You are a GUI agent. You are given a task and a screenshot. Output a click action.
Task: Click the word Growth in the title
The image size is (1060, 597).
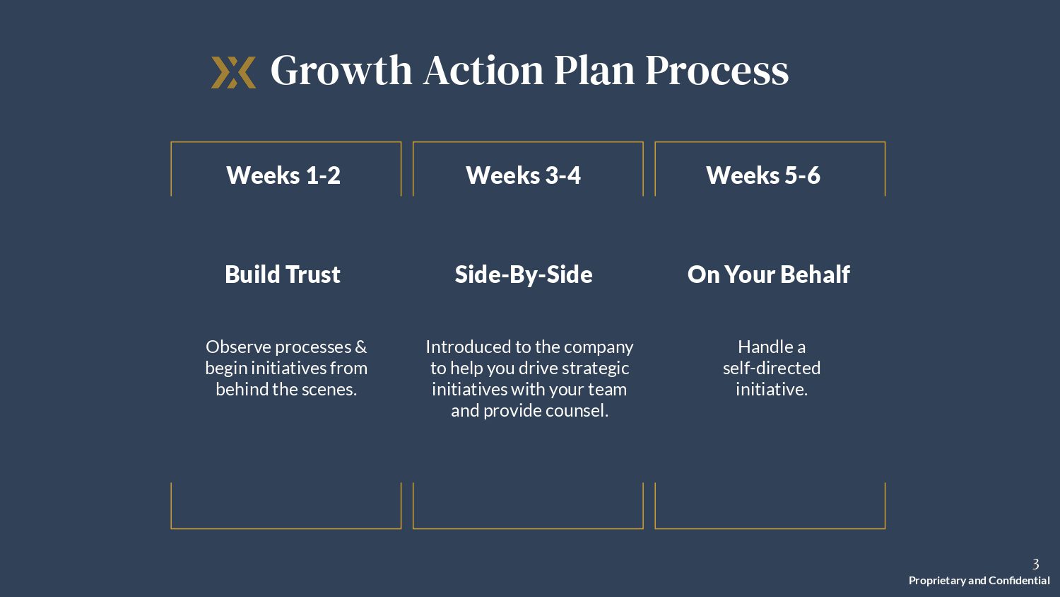tap(341, 70)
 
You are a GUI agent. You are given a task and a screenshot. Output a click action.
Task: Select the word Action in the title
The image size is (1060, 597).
tap(483, 70)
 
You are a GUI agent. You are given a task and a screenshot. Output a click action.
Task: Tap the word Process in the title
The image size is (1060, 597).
tap(717, 70)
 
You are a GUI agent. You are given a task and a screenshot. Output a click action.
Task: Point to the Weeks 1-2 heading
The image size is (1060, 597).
tap(283, 175)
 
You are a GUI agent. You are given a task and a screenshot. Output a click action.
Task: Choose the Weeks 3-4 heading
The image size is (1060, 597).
tap(523, 175)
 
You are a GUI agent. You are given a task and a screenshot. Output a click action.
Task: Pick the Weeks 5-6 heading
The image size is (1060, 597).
tap(762, 175)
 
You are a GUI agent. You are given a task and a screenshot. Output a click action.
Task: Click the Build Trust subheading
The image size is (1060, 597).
tap(283, 274)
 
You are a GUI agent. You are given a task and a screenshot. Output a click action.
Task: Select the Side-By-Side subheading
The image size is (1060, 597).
tap(524, 274)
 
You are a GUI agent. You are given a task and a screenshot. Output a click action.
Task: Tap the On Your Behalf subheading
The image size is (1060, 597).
tap(769, 274)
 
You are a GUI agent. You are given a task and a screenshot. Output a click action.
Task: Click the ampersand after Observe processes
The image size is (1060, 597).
tap(360, 347)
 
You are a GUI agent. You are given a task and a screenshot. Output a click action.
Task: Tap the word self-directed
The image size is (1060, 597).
tap(772, 368)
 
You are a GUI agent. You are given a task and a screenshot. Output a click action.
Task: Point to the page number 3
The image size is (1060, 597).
tap(1035, 564)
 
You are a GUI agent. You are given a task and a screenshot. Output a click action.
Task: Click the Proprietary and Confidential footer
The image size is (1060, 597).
tap(979, 581)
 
